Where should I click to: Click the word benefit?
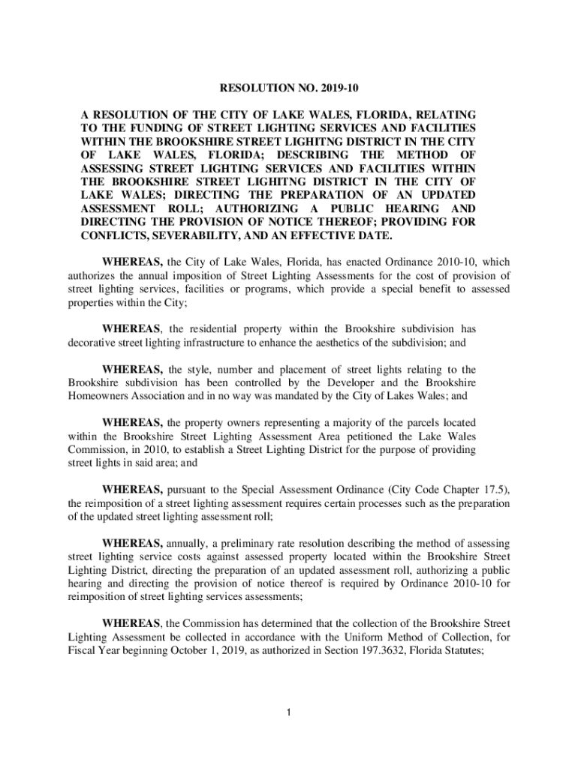click(393, 289)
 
